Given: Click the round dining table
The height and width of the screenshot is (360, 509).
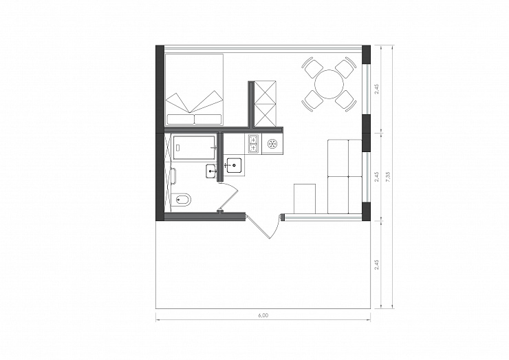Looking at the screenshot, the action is pyautogui.click(x=329, y=84).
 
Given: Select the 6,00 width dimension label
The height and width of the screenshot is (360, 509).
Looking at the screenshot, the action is pyautogui.click(x=263, y=315).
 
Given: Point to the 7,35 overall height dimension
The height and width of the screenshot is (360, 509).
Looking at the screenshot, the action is pyautogui.click(x=388, y=177).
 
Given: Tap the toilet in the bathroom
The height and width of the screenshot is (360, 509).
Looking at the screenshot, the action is pyautogui.click(x=181, y=199).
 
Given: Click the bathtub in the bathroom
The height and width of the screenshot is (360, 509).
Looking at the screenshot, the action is pyautogui.click(x=194, y=148).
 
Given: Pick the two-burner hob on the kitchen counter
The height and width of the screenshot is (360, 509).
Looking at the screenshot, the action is pyautogui.click(x=253, y=144).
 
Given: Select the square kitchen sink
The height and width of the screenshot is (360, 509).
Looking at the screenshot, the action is pyautogui.click(x=234, y=165).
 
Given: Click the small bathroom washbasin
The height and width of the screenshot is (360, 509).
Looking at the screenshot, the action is pyautogui.click(x=211, y=171).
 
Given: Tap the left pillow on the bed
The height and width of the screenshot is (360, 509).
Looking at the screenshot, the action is pyautogui.click(x=180, y=119).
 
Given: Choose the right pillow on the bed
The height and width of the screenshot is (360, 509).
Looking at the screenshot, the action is pyautogui.click(x=208, y=119).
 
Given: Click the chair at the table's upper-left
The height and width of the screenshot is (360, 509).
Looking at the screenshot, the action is pyautogui.click(x=312, y=67).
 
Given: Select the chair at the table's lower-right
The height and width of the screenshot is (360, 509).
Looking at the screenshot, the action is pyautogui.click(x=346, y=100).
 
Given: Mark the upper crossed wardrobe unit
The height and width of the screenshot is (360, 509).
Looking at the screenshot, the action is pyautogui.click(x=265, y=92).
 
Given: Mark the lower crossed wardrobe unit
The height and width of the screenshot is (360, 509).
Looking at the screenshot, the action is pyautogui.click(x=265, y=115).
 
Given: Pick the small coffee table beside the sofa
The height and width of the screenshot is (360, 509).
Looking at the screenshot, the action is pyautogui.click(x=305, y=199).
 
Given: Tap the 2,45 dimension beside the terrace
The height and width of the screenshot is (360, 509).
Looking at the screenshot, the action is pyautogui.click(x=376, y=264).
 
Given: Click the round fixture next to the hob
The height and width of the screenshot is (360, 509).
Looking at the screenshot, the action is pyautogui.click(x=272, y=143).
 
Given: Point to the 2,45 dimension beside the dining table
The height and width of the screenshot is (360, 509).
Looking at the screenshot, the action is pyautogui.click(x=376, y=89).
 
